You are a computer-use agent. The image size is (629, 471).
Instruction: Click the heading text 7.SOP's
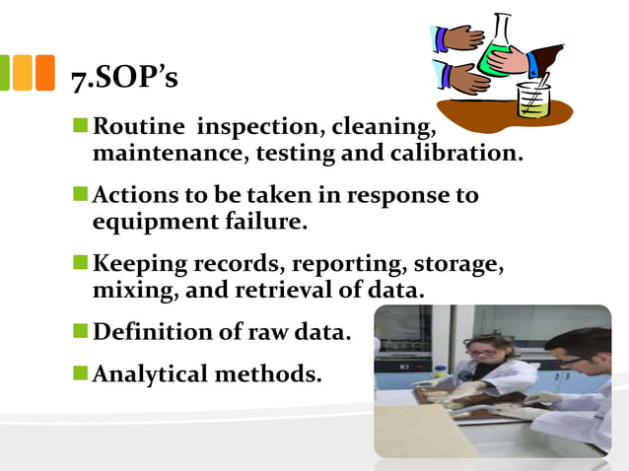124,78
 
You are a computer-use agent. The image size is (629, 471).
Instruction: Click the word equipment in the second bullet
147,222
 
